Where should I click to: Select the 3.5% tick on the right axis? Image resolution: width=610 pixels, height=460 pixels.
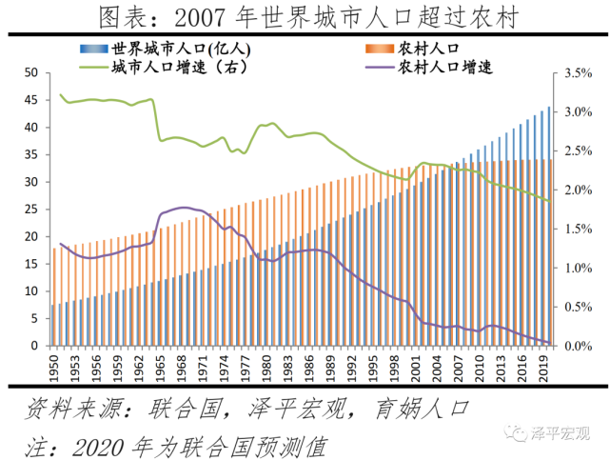click(x=579, y=73)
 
